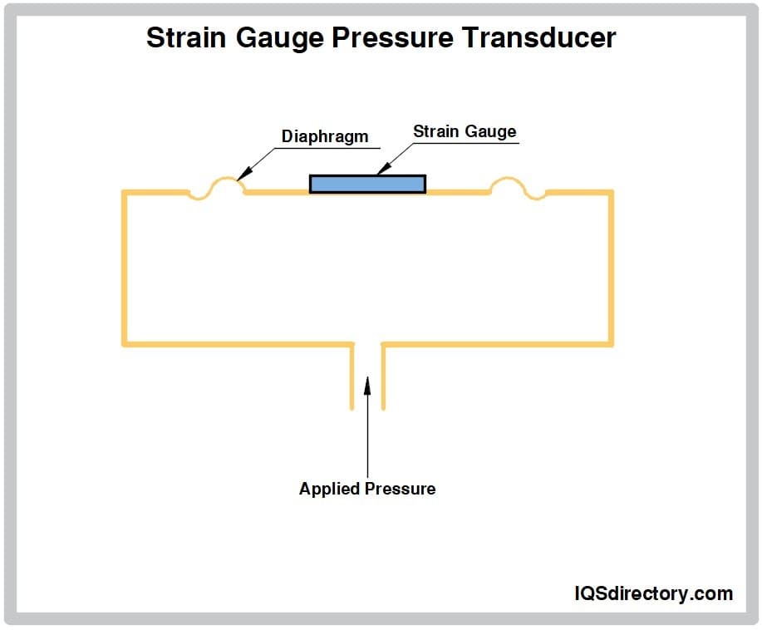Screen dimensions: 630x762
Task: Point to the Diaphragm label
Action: (x=324, y=136)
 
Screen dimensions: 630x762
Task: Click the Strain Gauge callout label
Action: (x=465, y=131)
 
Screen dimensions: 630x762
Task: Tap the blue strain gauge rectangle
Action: (x=367, y=184)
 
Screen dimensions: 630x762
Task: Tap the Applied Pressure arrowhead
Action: (x=367, y=384)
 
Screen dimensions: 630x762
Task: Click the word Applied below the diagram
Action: (x=327, y=489)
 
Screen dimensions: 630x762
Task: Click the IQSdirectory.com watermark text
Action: (x=654, y=593)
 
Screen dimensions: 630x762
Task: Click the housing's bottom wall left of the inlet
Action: (x=238, y=343)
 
